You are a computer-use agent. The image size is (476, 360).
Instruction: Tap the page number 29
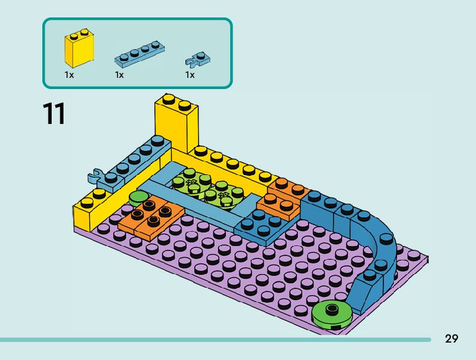[x=452, y=339]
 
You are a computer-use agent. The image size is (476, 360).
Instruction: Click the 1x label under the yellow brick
[x=69, y=75]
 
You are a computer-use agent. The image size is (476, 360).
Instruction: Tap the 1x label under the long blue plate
[x=119, y=75]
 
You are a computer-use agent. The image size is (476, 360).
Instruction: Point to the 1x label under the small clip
[x=190, y=75]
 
